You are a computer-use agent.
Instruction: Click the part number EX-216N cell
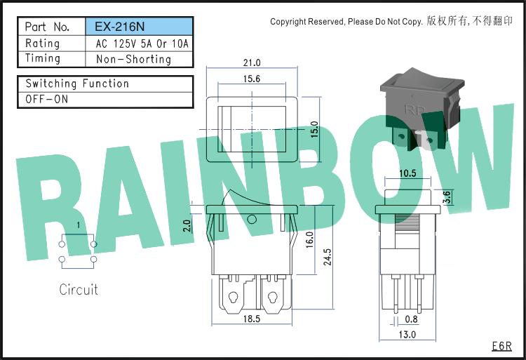[139, 27]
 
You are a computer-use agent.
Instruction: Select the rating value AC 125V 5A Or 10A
[142, 44]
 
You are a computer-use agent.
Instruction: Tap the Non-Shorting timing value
[133, 60]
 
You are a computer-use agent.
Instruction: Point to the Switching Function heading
[77, 84]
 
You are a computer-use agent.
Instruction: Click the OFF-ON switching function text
[46, 100]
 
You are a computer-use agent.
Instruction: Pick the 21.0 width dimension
[252, 62]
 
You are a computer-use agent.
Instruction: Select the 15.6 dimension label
[252, 79]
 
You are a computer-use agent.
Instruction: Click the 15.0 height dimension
[314, 130]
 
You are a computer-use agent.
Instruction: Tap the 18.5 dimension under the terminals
[252, 319]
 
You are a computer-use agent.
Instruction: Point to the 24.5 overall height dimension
[327, 257]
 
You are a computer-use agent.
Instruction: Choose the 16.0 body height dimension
[309, 240]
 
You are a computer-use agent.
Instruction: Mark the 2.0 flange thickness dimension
[187, 226]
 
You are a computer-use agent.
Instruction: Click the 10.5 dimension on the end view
[407, 173]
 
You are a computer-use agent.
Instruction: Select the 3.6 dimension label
[447, 197]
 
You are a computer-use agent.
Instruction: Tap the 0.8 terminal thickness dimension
[411, 319]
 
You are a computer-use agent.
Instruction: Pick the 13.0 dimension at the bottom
[407, 335]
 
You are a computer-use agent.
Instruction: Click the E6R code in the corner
[502, 346]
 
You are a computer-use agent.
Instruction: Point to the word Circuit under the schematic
[79, 290]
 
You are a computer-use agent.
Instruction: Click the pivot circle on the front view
[252, 220]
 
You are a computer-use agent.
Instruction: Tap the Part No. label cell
[47, 27]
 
